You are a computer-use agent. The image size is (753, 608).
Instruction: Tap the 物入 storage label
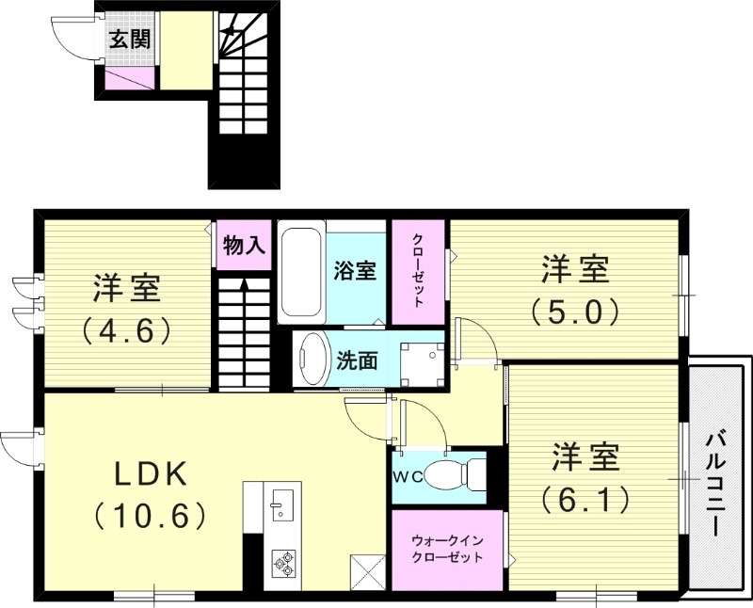tap(245, 246)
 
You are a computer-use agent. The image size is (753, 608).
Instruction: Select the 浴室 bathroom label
tap(355, 271)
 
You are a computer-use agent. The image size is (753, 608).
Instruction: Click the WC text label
tap(407, 477)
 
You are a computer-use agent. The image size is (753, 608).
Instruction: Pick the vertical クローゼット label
tap(418, 271)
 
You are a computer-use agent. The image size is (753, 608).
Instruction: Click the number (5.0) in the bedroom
tap(574, 310)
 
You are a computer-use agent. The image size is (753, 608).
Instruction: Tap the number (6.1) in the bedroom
tap(585, 500)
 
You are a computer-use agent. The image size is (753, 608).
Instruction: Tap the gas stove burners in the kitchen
tap(283, 562)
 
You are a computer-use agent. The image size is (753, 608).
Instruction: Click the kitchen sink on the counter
tap(280, 504)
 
